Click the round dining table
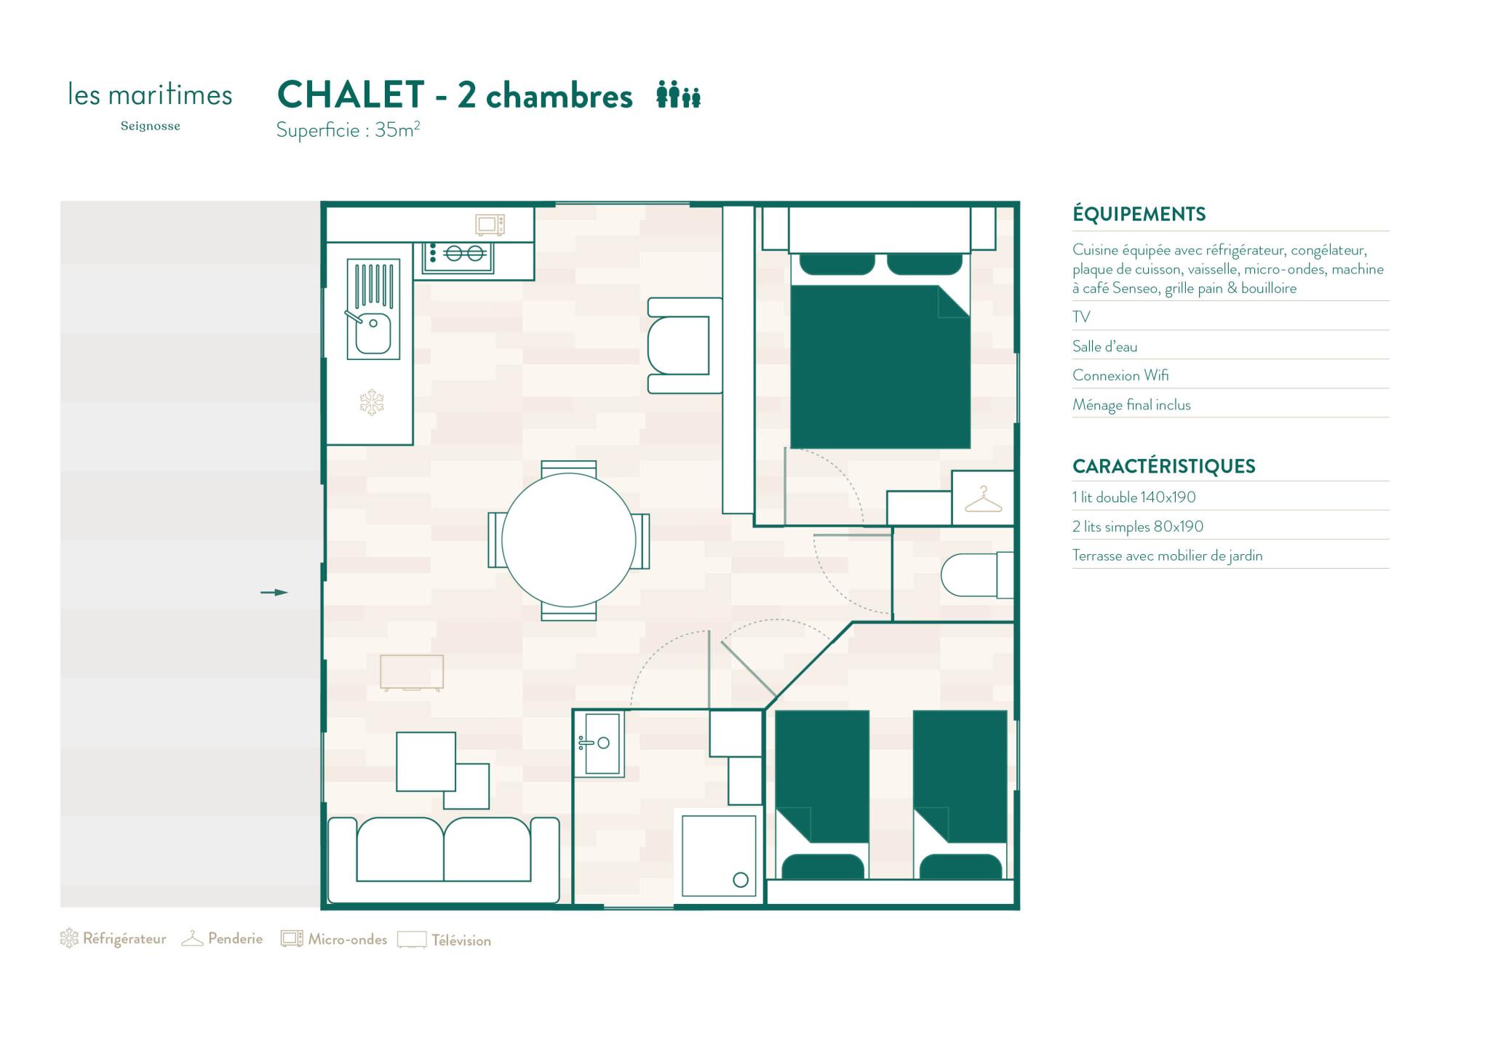(x=568, y=540)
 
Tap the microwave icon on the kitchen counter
(x=490, y=225)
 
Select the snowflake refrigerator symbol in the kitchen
(x=372, y=402)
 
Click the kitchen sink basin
(x=373, y=333)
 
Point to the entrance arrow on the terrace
(x=274, y=593)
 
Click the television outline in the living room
(x=412, y=673)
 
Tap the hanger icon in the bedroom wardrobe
(x=983, y=500)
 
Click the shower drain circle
(x=741, y=880)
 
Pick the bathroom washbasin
(x=599, y=743)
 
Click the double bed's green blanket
(x=880, y=367)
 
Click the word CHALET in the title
(x=351, y=95)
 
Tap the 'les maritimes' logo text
(x=150, y=95)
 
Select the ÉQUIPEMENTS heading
(x=1139, y=214)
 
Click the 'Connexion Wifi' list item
(x=1120, y=375)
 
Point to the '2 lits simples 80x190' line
(x=1137, y=526)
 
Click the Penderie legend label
(x=235, y=939)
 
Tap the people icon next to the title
(x=678, y=95)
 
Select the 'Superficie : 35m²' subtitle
(x=348, y=130)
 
